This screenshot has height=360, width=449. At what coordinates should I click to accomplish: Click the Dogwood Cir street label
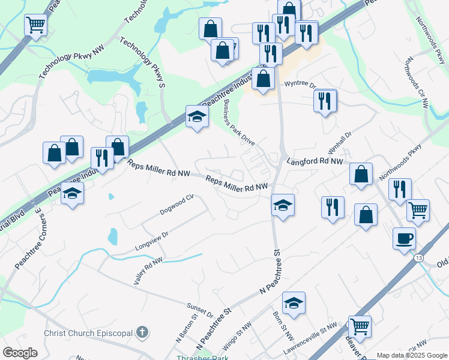178,204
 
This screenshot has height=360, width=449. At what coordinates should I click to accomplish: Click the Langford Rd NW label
315,161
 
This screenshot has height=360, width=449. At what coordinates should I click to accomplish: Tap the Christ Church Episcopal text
89,332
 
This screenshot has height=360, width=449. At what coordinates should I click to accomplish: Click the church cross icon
143,331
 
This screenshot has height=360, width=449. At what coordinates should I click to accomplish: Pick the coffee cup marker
404,238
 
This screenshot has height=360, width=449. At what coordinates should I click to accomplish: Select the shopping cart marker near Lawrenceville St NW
360,326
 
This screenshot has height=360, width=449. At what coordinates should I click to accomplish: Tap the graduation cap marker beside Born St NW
294,303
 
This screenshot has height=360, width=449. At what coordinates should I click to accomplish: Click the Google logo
20,353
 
